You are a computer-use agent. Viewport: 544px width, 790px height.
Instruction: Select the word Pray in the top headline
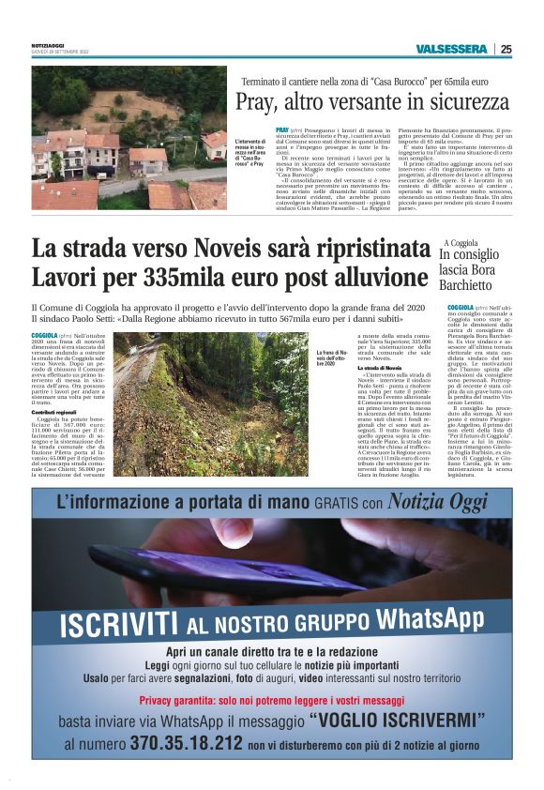(x=255, y=101)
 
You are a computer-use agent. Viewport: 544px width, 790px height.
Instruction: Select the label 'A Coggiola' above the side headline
(x=461, y=243)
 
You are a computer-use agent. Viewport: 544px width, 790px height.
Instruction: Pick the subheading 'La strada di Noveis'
(x=379, y=367)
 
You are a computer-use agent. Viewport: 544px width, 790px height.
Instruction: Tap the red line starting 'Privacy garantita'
(x=272, y=700)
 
